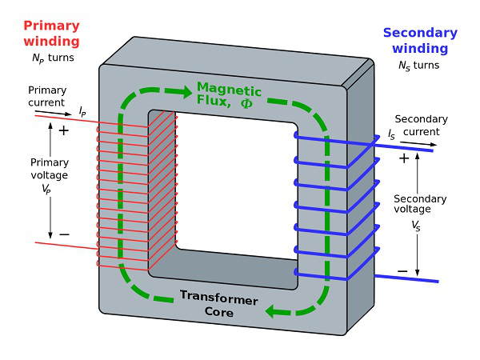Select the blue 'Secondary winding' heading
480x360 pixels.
coord(420,41)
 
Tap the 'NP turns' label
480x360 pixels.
coord(48,58)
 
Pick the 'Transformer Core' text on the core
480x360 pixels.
coord(218,305)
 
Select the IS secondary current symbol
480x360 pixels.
coord(391,136)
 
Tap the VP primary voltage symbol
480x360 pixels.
coord(48,189)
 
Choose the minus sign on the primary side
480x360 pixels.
coord(64,234)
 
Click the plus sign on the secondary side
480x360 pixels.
coord(403,158)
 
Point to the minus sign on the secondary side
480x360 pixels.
coord(402,271)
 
